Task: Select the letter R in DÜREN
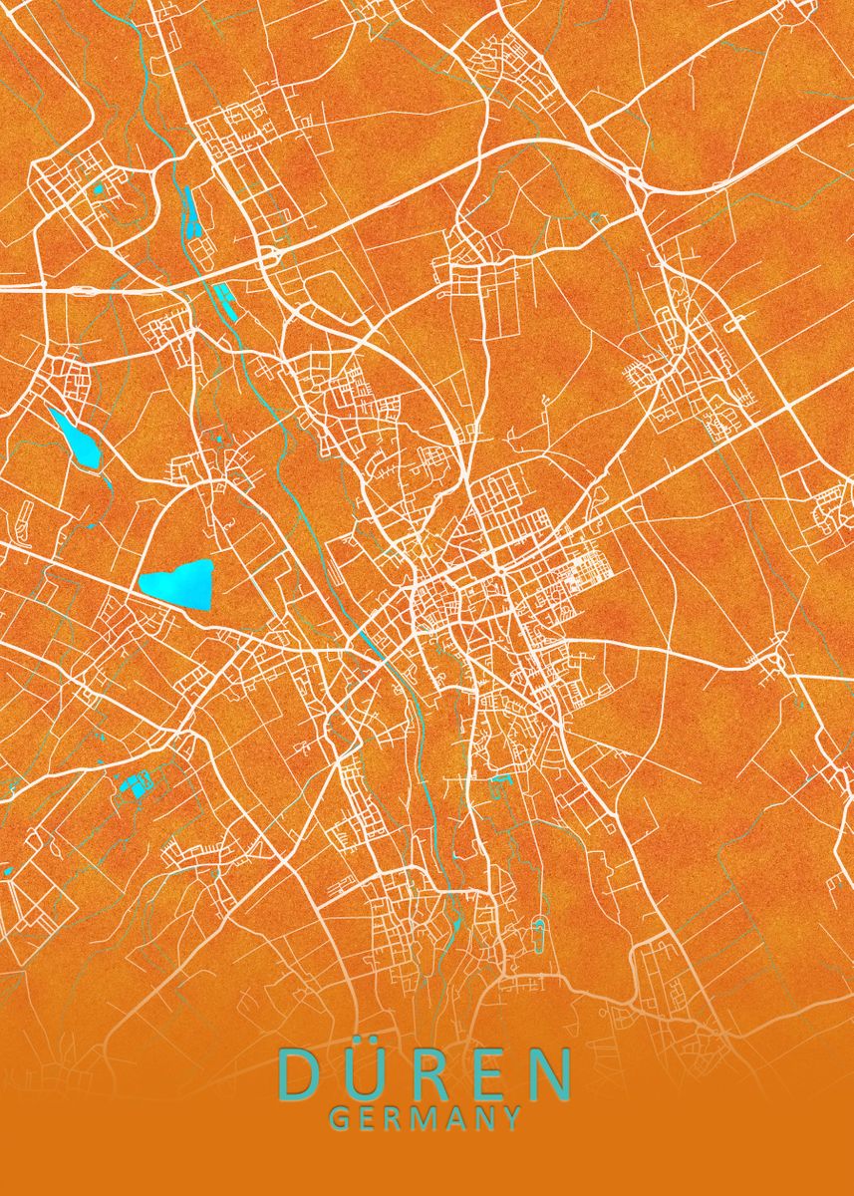(427, 1072)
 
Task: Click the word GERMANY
(426, 1118)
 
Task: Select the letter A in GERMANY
(456, 1118)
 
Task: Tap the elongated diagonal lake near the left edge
(76, 438)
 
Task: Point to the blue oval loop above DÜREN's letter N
(539, 935)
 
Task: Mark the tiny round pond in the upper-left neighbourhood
(99, 188)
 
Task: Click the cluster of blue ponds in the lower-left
(133, 784)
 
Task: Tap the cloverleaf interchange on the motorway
(267, 257)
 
